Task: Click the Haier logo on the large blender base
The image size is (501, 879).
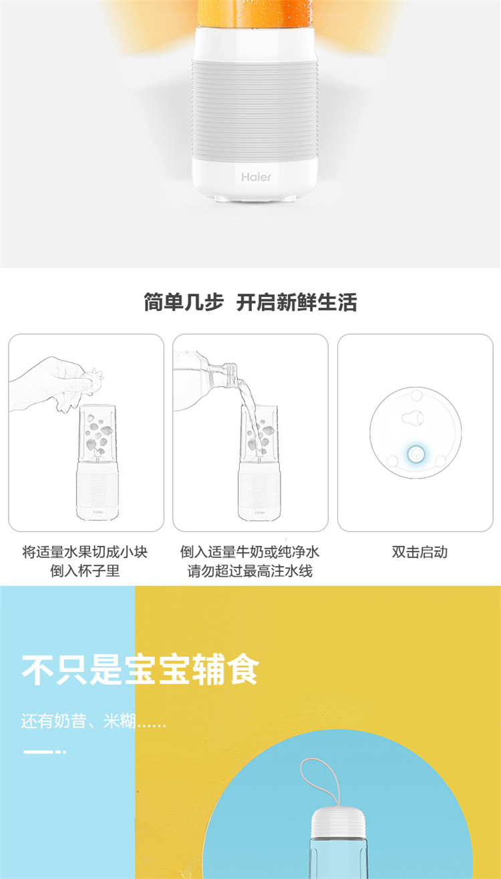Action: pos(256,178)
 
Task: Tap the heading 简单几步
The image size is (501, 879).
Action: pos(183,302)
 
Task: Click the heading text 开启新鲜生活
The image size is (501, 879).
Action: pos(297,302)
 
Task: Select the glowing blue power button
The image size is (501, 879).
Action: pos(415,455)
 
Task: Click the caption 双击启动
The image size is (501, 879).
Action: pos(420,552)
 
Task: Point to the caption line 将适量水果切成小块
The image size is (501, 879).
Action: pos(85,552)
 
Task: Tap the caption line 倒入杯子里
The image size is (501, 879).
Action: pos(85,571)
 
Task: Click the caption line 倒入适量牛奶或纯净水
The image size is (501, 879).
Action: pos(250,552)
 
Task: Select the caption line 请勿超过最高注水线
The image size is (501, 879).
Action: pos(250,571)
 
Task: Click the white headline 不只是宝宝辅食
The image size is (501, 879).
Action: pos(140,669)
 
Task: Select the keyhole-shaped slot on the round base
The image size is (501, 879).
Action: pos(413,418)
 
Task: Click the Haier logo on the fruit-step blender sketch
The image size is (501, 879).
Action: pos(98,512)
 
